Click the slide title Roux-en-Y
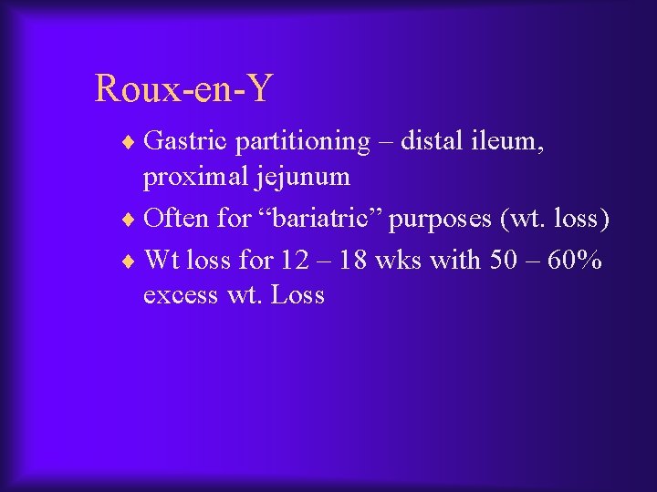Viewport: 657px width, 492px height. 183,89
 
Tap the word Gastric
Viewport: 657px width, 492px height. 186,141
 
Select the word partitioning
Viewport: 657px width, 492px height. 300,142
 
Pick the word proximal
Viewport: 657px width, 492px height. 193,177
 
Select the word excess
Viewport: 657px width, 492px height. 181,295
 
